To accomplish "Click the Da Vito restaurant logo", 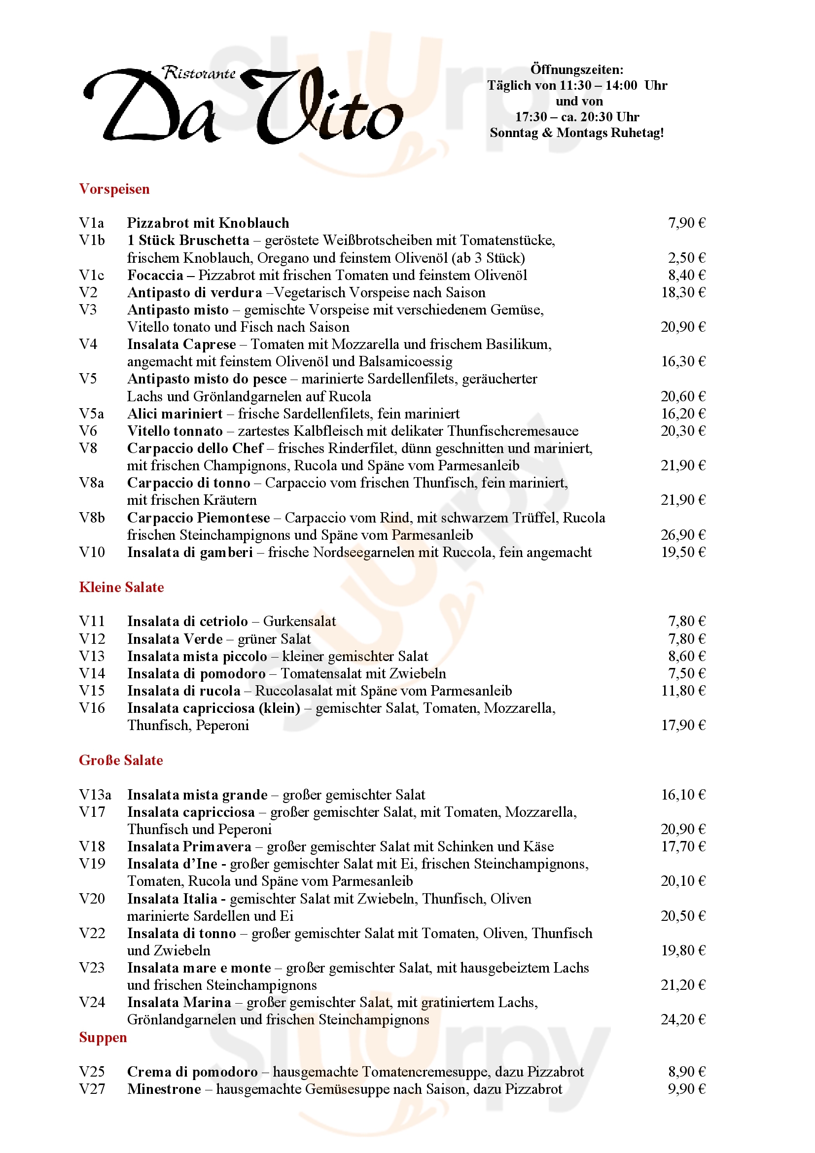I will coord(243,105).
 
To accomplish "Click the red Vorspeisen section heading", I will coord(114,189).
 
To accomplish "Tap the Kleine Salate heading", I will coord(121,587).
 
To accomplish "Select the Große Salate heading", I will coord(121,760).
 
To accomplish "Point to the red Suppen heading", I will coord(103,1038).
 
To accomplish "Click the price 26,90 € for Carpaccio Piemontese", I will coord(683,535).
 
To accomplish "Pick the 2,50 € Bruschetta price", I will coord(686,258).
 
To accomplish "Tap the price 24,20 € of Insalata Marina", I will coord(683,1019).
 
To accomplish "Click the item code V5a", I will coord(91,414).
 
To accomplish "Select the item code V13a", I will coord(95,795).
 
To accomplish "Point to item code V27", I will coord(92,1089).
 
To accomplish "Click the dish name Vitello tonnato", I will coord(175,431).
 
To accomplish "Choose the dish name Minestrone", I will coord(164,1089).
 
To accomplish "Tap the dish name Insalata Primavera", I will coord(189,847).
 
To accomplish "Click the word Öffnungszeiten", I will coord(577,70).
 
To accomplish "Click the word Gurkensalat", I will coord(299,622).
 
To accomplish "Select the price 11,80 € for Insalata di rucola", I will coord(683,691).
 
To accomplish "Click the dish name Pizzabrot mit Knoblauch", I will coord(208,223).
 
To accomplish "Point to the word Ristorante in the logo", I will coord(199,73).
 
